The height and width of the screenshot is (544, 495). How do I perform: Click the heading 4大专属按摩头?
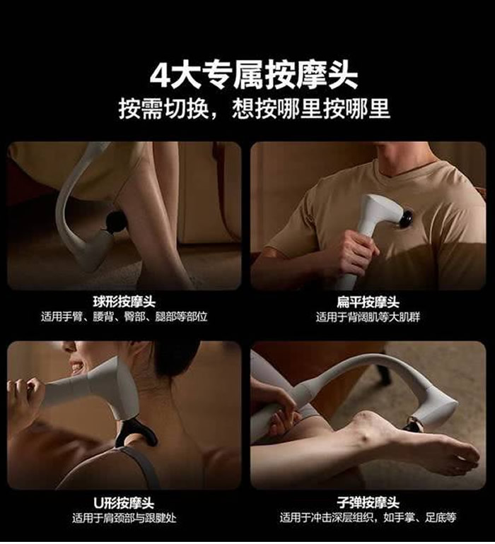point(254,76)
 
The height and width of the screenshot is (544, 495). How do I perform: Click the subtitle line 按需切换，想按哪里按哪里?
point(255,109)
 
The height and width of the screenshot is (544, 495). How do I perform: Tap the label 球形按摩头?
point(124,302)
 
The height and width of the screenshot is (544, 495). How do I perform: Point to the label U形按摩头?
point(124,502)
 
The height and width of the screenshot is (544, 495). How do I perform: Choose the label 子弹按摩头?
point(368,502)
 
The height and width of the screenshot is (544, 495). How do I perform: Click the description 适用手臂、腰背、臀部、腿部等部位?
point(124,317)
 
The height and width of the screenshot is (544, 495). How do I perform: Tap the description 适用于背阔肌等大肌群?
point(368,317)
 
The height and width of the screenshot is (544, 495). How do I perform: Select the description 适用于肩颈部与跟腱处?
point(124,518)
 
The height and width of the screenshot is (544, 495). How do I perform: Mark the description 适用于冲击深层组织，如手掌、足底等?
point(368,518)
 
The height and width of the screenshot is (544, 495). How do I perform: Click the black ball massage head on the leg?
point(117,221)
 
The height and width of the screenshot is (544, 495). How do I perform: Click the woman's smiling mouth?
point(76,366)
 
